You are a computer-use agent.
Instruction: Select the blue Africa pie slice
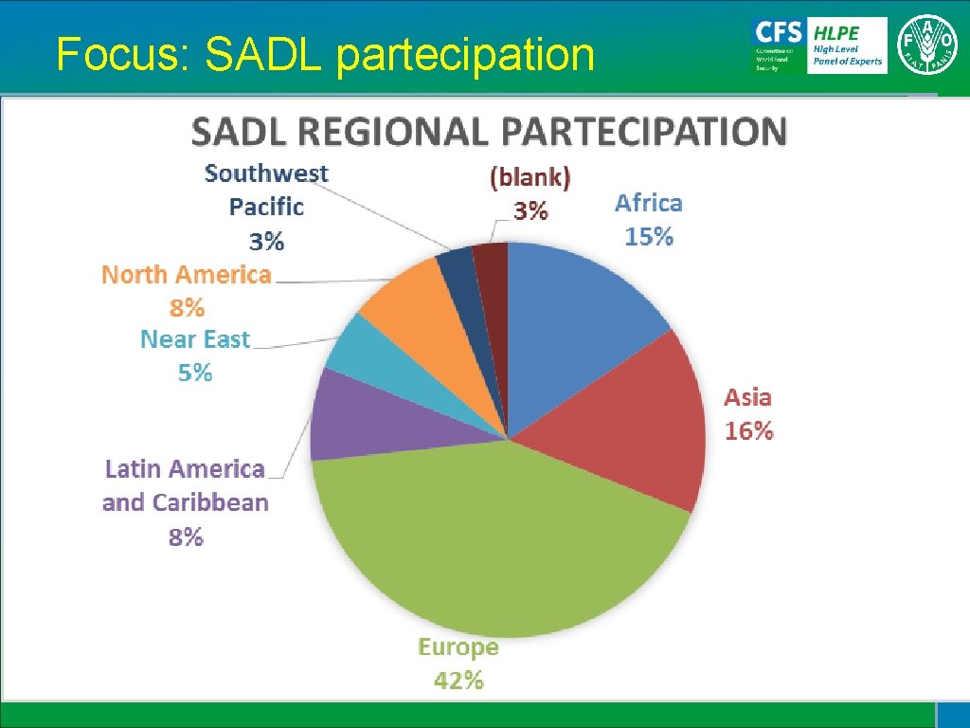[x=578, y=313]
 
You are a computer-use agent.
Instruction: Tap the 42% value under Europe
[x=458, y=680]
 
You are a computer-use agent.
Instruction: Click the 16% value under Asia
[x=748, y=431]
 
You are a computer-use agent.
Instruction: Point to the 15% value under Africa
[x=649, y=237]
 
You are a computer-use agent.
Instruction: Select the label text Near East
[x=195, y=339]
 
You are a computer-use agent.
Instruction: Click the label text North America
[x=187, y=275]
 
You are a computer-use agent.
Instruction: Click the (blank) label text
[x=530, y=177]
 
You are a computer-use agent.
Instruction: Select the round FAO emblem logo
[x=928, y=45]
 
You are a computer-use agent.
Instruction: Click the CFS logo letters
[x=778, y=31]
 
